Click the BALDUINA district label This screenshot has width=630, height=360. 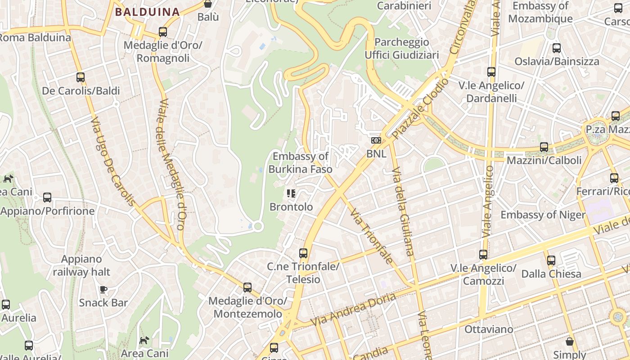[147, 12]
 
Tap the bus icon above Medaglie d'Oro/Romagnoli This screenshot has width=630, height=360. [163, 32]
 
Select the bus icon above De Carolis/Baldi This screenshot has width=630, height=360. [81, 77]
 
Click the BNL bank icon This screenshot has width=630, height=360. [376, 140]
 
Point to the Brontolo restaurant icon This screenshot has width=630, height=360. [291, 193]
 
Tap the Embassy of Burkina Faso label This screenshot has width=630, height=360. [301, 163]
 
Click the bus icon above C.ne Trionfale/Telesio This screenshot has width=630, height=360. [303, 253]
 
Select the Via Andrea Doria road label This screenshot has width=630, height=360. [353, 310]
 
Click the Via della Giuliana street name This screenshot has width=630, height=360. [403, 211]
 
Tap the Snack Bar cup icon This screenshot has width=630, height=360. [103, 289]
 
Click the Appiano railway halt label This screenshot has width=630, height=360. [81, 265]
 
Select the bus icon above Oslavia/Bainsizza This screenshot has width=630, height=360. [557, 48]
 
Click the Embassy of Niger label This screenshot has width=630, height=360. [543, 215]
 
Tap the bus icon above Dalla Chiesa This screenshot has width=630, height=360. [551, 261]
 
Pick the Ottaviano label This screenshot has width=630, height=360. [488, 329]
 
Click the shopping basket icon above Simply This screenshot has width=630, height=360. [570, 342]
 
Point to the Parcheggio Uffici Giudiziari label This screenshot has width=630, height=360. [401, 49]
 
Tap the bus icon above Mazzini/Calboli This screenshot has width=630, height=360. [544, 147]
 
